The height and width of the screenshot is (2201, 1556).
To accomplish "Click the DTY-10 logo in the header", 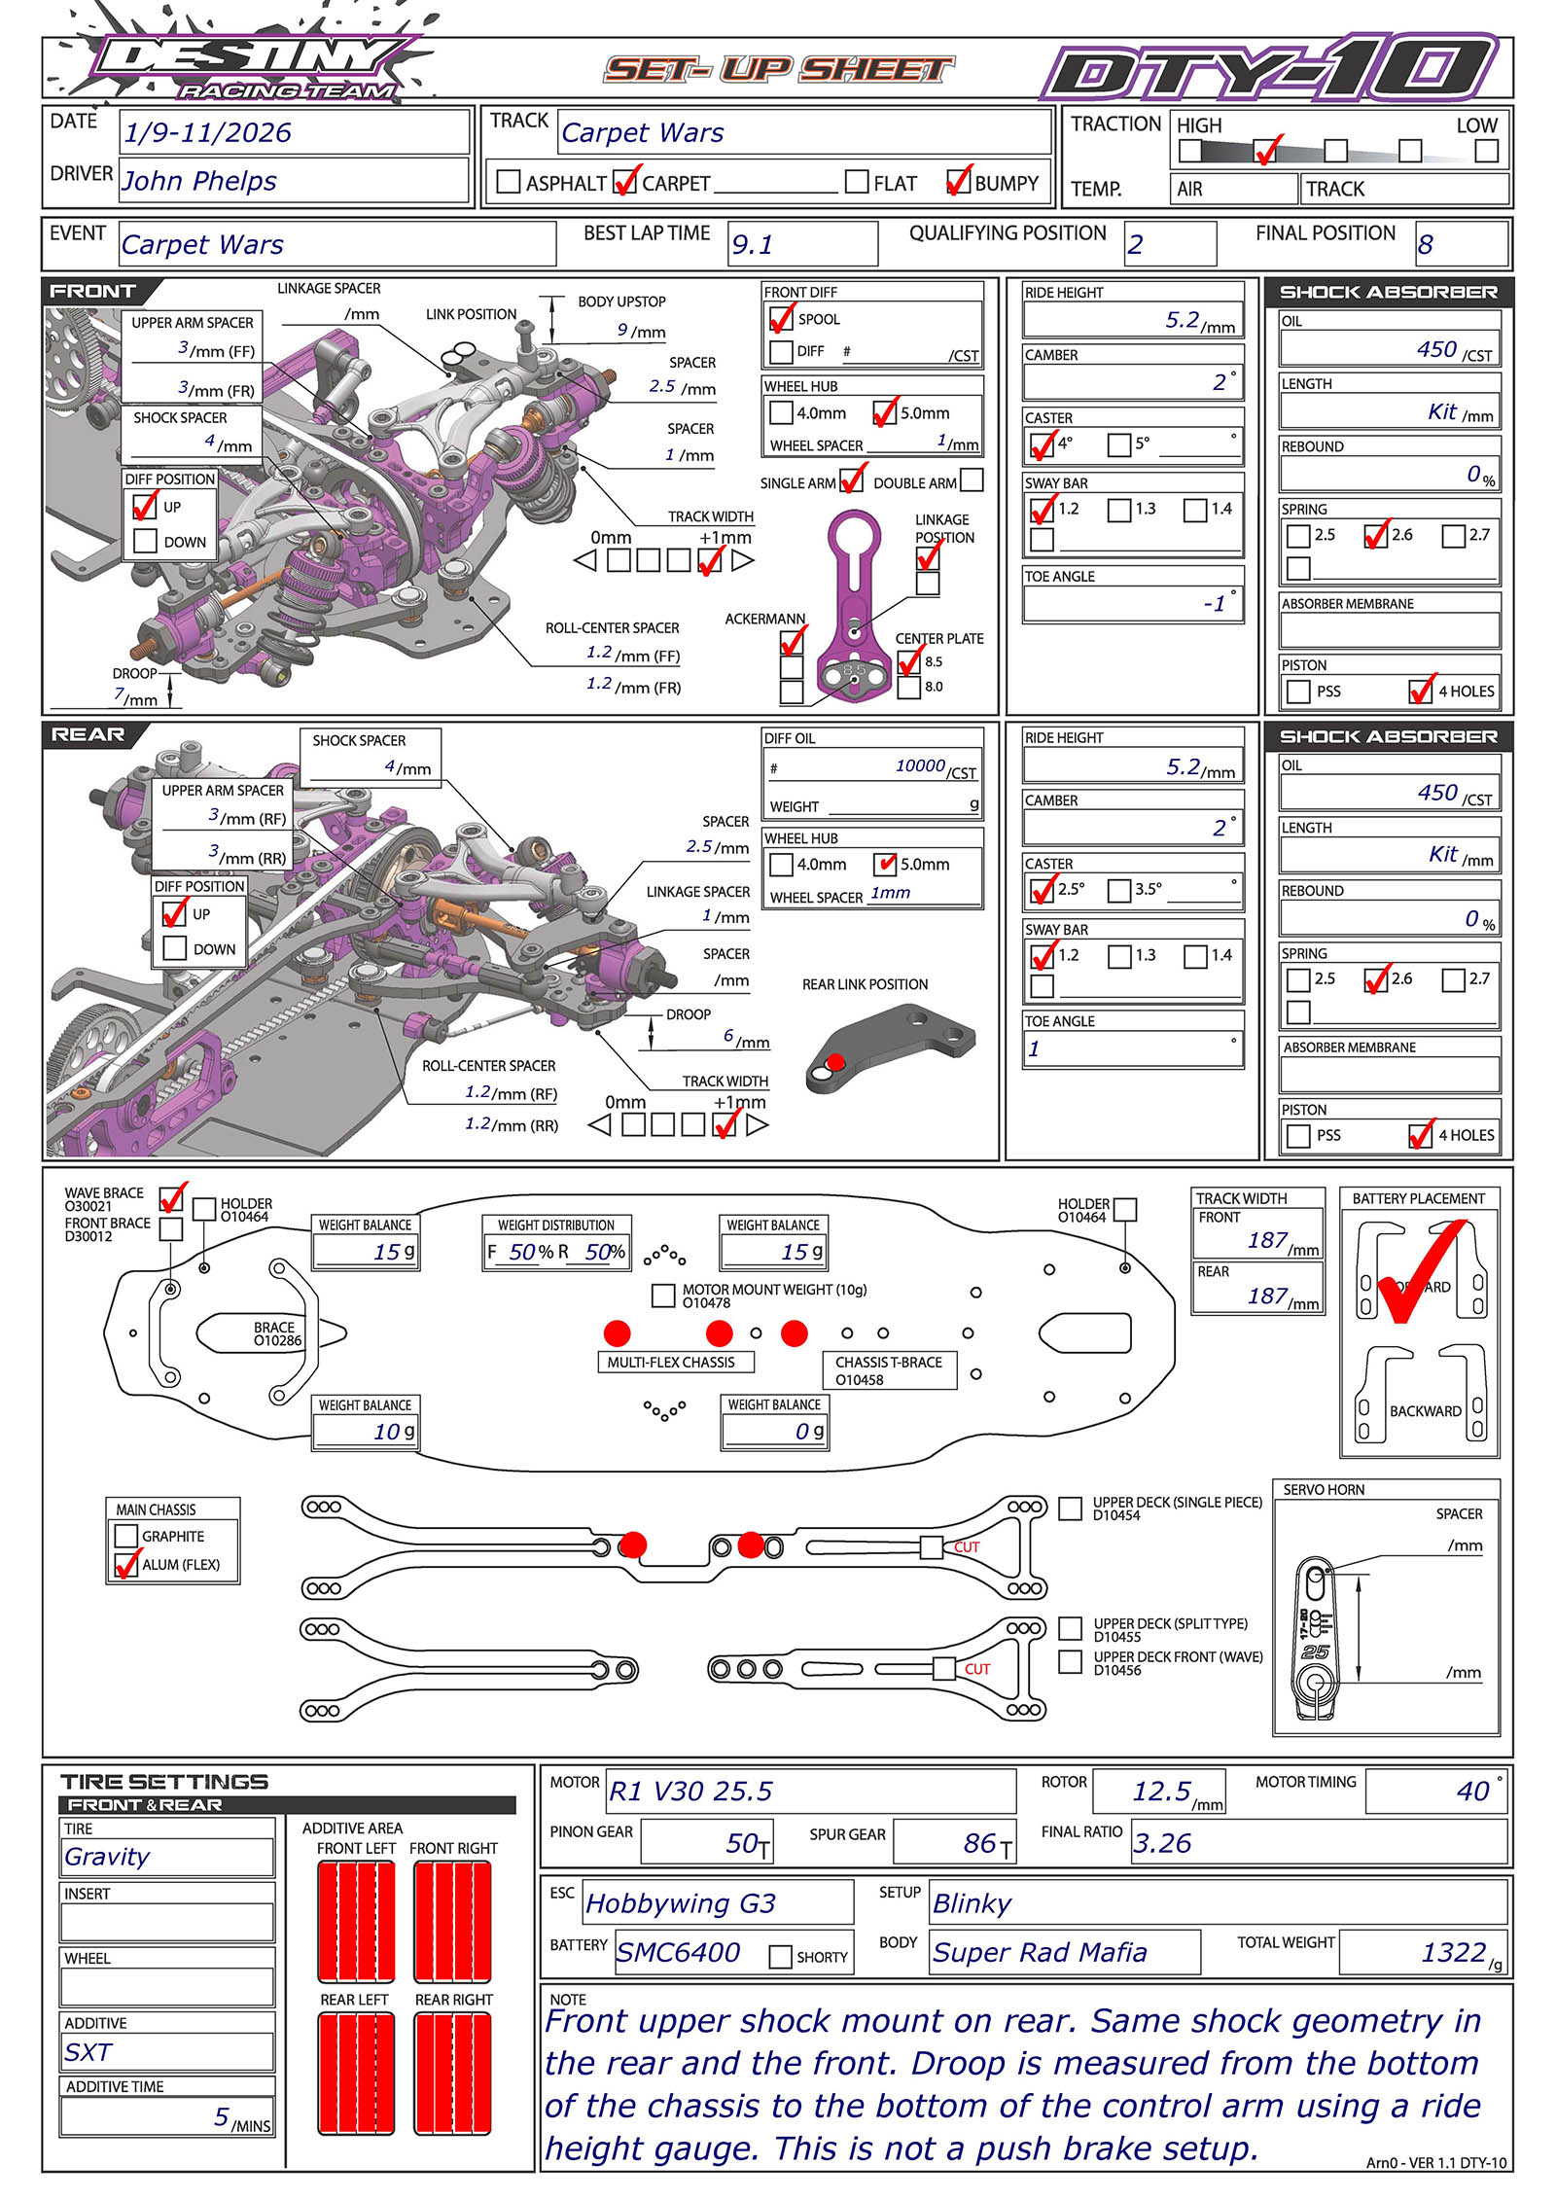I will click(1269, 68).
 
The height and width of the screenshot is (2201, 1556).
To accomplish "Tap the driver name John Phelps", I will click(199, 181).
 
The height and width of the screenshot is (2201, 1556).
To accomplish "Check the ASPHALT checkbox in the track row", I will click(508, 182).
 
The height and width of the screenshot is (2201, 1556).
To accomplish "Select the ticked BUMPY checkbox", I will click(957, 182).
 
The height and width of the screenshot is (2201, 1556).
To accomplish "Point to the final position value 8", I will click(1425, 244).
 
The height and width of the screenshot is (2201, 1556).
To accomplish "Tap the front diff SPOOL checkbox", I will click(780, 319).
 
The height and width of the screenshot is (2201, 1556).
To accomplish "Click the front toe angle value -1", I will click(1215, 604).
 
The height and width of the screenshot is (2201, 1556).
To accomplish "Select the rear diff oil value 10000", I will click(920, 766).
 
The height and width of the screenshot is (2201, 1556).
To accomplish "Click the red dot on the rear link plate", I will click(835, 1061).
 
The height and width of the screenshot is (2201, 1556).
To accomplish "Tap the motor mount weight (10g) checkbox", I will click(664, 1295).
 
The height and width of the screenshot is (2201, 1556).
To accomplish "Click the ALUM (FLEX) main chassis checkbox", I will click(126, 1565).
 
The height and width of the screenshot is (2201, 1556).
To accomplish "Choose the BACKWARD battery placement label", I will click(1425, 1411).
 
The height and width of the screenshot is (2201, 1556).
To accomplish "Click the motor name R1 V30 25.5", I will click(690, 1791).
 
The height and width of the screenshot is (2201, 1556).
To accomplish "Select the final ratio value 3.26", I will click(1162, 1843).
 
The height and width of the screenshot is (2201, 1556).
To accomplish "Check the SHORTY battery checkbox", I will click(780, 1956).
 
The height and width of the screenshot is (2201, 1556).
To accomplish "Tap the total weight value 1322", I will click(1453, 1952).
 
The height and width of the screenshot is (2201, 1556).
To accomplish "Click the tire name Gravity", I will click(107, 1857).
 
